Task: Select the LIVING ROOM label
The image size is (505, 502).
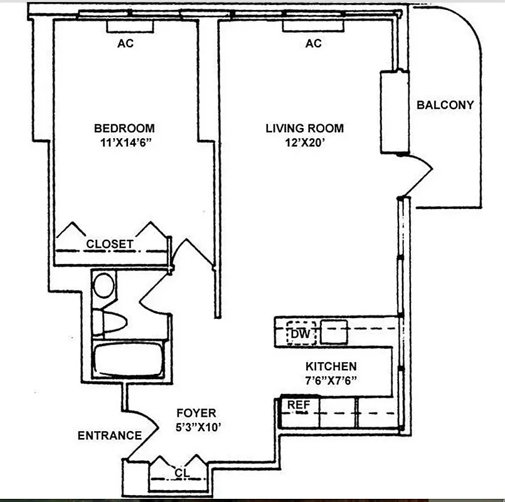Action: [x=304, y=128]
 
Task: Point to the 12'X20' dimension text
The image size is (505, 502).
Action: [x=304, y=142]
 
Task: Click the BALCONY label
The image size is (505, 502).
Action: [x=445, y=105]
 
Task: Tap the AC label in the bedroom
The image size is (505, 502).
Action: [x=125, y=43]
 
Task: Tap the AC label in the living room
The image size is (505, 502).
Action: [x=314, y=43]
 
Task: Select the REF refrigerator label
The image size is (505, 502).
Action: [x=299, y=405]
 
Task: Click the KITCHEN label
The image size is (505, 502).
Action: [x=331, y=366]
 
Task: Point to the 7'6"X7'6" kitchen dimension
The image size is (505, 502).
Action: [x=331, y=380]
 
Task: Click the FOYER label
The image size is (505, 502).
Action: [x=196, y=413]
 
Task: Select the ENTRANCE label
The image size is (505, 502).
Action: [x=110, y=435]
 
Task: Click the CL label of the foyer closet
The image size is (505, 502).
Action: [x=181, y=472]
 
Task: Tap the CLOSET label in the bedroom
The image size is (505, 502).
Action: [x=110, y=244]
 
